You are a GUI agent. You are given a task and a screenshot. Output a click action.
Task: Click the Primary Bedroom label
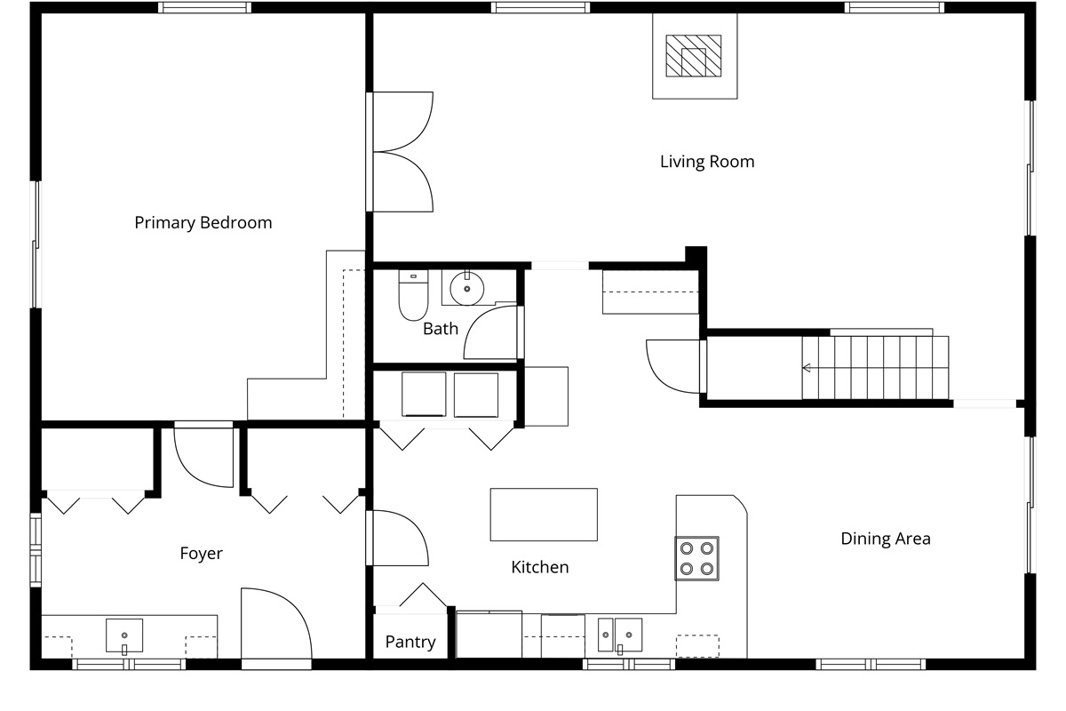203,223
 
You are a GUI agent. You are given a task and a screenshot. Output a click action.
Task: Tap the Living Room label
707,162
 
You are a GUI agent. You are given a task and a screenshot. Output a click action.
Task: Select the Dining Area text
886,539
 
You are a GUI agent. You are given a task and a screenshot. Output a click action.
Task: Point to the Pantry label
410,642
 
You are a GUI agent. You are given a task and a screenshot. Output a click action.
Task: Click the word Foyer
202,554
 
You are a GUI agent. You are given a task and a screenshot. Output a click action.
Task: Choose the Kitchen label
540,567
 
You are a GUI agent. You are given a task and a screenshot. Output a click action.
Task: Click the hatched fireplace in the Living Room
694,56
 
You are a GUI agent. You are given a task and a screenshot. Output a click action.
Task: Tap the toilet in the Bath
413,295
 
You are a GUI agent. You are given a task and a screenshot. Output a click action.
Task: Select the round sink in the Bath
467,288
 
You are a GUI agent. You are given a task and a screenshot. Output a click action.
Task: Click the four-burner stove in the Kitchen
696,559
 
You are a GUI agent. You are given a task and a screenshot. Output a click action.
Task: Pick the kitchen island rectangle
544,515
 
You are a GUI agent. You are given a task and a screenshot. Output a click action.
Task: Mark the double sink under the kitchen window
620,635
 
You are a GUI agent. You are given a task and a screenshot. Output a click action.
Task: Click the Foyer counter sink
124,635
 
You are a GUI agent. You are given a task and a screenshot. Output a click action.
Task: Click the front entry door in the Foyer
276,624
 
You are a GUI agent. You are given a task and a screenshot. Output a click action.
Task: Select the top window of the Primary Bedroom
204,7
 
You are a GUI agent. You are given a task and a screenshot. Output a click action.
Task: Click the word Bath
441,329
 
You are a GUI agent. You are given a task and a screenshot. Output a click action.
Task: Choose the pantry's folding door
423,595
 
